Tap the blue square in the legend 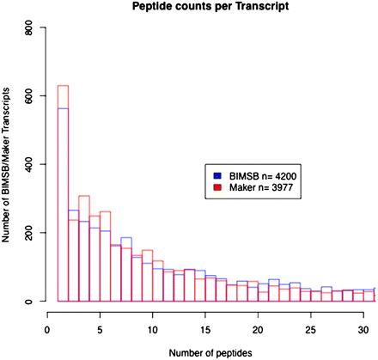tap(220, 176)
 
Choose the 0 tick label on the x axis tap(47, 327)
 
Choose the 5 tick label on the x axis tap(101, 327)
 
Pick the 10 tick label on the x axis tap(153, 327)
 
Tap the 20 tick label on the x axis tap(259, 327)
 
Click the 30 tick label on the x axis tap(364, 327)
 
